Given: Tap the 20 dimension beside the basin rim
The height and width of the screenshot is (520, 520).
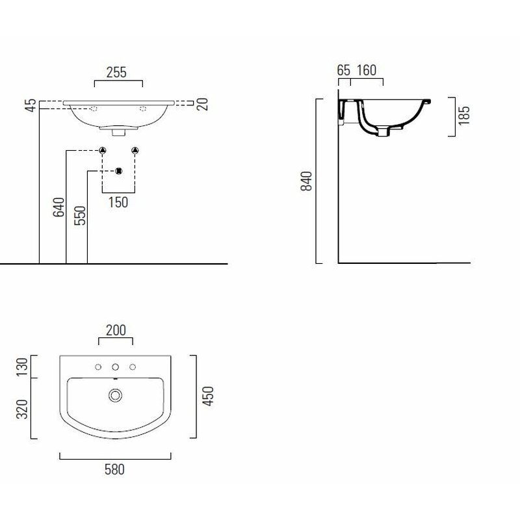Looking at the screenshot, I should click(203, 103).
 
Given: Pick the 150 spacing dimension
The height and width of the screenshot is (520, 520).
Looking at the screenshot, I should click(118, 202).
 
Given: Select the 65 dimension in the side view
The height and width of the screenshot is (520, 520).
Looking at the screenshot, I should click(344, 70).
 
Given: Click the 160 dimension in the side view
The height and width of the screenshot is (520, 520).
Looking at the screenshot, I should click(367, 70).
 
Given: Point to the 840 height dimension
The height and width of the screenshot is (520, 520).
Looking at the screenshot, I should click(308, 181).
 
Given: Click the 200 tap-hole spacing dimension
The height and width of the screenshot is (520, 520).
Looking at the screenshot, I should click(115, 331).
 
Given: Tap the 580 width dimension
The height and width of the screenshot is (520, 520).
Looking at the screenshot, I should click(115, 468).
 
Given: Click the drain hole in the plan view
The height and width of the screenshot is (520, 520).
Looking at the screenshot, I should click(116, 395).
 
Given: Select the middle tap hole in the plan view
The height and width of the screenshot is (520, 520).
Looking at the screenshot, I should click(115, 367).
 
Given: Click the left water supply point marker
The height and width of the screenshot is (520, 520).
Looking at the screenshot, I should click(102, 151).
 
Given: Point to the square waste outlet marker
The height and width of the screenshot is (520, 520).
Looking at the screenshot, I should click(118, 171).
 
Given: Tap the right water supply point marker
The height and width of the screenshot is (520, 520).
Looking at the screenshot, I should click(135, 151).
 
